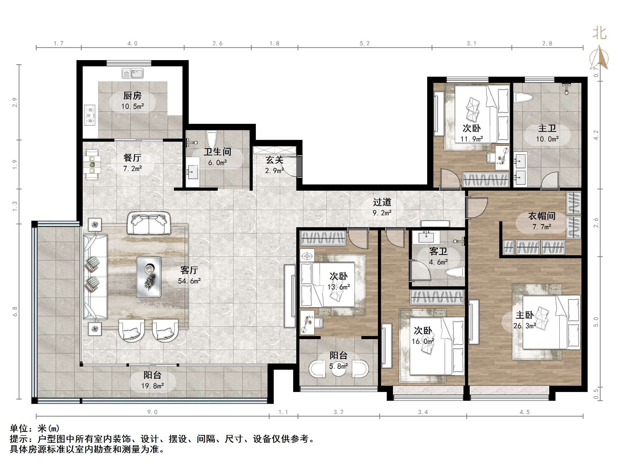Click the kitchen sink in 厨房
coord(133,74)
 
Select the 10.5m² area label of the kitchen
coord(133,106)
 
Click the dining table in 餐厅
coord(92,165)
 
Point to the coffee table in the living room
coord(149,277)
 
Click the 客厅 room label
coord(189,270)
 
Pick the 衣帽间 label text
coord(541,216)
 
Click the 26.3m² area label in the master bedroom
coord(524,326)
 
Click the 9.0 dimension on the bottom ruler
coord(152,412)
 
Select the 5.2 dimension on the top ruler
coord(364,43)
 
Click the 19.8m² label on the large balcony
coord(152,386)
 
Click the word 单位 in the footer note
coord(19,429)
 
